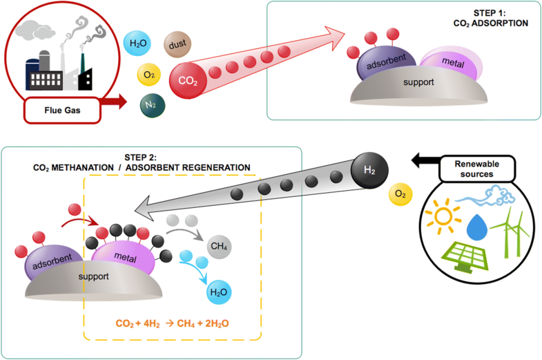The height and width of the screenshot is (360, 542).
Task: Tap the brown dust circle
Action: click(176, 46)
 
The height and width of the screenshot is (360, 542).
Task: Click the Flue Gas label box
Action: click(60, 109)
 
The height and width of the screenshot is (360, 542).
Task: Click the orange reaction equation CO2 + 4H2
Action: click(172, 323)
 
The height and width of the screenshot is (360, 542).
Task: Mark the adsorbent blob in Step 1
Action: click(383, 67)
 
